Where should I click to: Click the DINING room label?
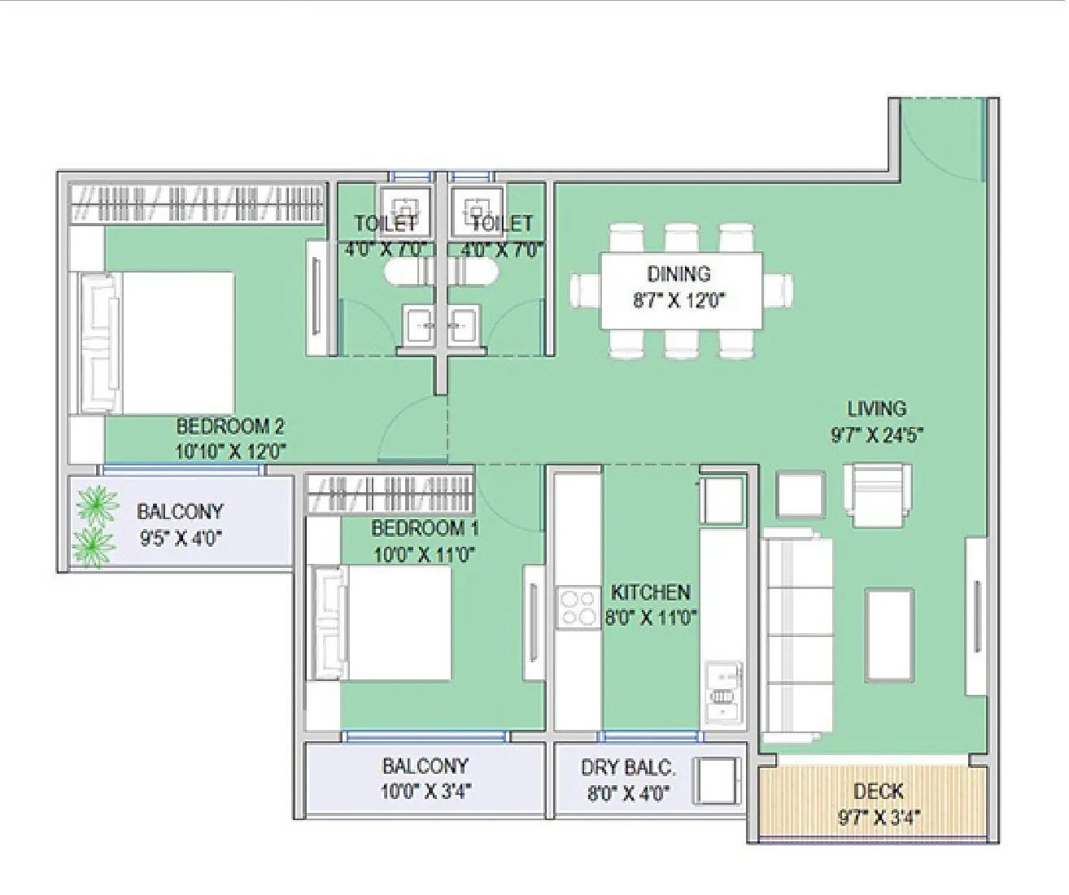[678, 274]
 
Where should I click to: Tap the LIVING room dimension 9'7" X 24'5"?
[876, 435]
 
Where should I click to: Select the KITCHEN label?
[650, 592]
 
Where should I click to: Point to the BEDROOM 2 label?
[230, 426]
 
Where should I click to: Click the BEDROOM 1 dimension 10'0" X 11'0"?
[424, 555]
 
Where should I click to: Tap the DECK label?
[878, 791]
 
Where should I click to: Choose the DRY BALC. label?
[627, 767]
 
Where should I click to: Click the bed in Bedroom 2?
[159, 343]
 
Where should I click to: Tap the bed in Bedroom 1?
[382, 622]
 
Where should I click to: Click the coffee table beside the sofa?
[888, 635]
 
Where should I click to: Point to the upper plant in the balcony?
[97, 505]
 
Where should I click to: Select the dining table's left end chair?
[584, 290]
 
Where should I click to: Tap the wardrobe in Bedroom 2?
[199, 203]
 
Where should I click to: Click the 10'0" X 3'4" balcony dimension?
[425, 791]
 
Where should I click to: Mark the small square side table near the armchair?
[801, 495]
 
